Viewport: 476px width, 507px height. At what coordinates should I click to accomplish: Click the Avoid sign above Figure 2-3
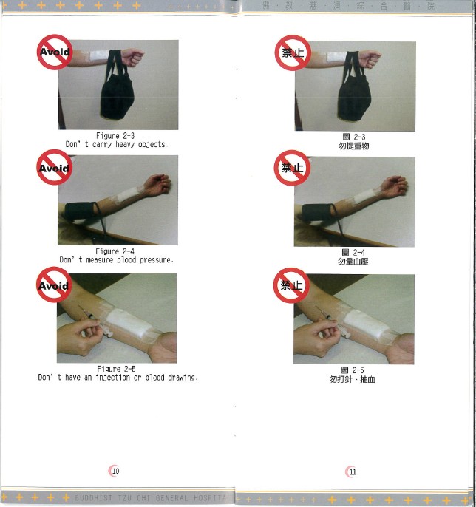tap(54, 52)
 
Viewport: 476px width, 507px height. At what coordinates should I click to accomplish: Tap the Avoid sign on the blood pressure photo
tap(54, 168)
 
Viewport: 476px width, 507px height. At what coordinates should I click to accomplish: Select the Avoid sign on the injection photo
tap(54, 285)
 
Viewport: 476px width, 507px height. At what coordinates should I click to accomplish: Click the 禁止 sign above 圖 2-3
tap(292, 52)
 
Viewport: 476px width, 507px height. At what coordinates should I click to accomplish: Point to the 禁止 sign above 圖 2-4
tap(292, 168)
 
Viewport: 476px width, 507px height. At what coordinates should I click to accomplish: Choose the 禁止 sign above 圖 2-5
tap(291, 285)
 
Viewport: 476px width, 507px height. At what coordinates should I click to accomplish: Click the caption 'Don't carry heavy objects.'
tap(117, 144)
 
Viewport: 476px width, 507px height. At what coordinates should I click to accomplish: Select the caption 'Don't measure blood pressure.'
tap(117, 260)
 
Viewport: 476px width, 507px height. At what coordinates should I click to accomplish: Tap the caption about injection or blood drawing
tap(118, 378)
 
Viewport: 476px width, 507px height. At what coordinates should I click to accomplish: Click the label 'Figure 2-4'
tap(117, 251)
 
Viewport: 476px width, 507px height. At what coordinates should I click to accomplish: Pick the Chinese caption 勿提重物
tap(353, 146)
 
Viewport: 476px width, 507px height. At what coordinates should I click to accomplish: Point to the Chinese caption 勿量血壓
tap(353, 262)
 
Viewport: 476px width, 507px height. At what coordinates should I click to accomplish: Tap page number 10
tap(115, 471)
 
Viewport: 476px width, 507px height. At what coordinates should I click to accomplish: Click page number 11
tap(353, 472)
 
